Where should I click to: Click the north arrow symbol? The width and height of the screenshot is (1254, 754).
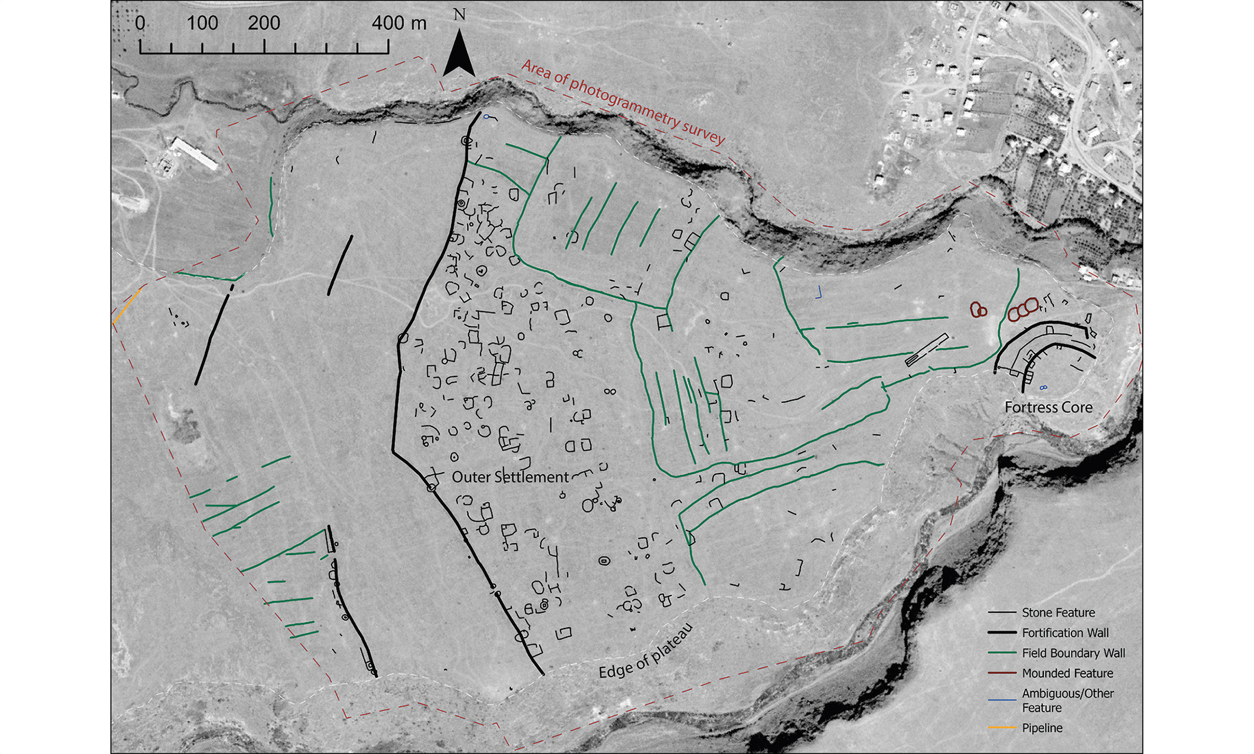(x=459, y=53)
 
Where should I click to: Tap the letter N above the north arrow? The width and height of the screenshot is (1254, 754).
(x=460, y=14)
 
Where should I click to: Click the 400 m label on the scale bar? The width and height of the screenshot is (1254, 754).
(x=399, y=23)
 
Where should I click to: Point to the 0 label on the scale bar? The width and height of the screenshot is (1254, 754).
(x=140, y=23)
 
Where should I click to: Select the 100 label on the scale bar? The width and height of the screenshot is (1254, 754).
(x=202, y=23)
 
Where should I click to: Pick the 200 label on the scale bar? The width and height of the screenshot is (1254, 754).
(x=264, y=23)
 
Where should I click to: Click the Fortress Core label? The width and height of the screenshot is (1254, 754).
(x=1049, y=407)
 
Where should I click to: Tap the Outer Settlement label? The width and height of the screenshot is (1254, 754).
(x=510, y=477)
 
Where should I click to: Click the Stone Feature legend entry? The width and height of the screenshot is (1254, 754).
(x=1058, y=612)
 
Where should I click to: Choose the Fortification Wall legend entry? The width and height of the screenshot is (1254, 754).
(x=1065, y=632)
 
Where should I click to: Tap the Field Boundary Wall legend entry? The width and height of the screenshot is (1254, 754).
(x=1073, y=653)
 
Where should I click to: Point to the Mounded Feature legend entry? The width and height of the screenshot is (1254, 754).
(x=1067, y=673)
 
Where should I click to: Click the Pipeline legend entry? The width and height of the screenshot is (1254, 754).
(x=1042, y=728)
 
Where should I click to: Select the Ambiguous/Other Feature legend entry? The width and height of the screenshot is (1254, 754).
(x=1067, y=700)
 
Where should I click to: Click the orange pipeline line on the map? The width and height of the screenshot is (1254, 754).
(x=126, y=306)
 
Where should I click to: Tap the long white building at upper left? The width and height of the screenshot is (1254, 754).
(x=195, y=154)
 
